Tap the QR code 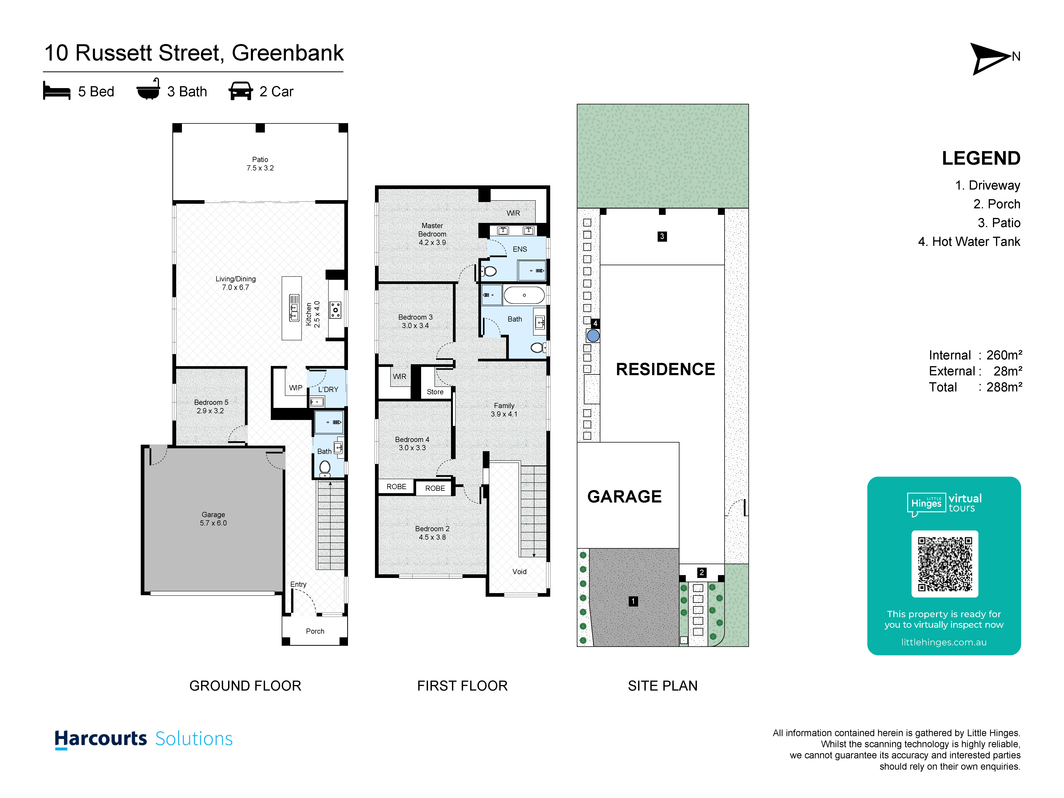click(945, 564)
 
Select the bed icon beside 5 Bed click(57, 91)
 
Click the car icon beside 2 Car click(241, 91)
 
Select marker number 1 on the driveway click(633, 601)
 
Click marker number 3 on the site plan click(662, 236)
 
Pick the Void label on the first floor click(520, 571)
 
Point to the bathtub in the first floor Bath click(524, 295)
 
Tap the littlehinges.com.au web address click(944, 642)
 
